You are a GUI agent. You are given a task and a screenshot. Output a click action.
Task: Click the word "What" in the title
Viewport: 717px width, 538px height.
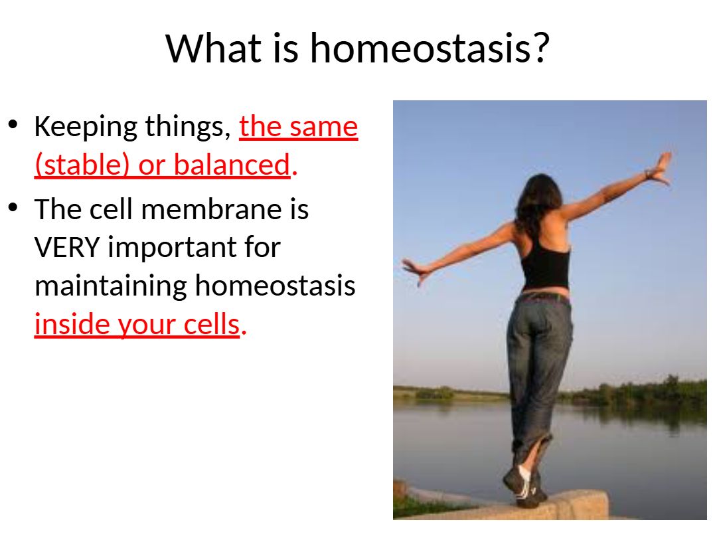[214, 48]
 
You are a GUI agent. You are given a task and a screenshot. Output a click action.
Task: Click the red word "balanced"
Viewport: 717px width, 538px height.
[232, 164]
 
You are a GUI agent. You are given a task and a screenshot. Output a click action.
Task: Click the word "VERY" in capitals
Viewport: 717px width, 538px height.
[67, 248]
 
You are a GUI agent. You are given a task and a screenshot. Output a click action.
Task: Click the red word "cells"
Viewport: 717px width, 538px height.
[212, 324]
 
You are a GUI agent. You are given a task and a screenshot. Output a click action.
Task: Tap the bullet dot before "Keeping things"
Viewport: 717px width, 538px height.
[13, 124]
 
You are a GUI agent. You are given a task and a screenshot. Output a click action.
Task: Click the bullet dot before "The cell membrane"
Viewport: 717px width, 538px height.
[13, 207]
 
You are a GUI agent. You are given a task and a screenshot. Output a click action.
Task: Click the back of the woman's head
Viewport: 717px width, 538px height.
[540, 192]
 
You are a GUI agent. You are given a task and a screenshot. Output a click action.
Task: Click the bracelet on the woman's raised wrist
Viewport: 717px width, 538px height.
[647, 174]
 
